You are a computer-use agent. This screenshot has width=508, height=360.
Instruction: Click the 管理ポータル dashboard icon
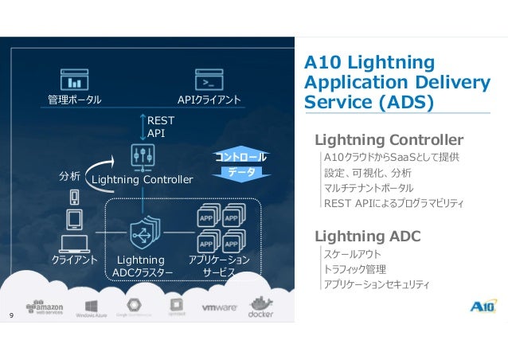[75, 80]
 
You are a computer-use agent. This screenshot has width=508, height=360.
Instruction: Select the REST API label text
[156, 126]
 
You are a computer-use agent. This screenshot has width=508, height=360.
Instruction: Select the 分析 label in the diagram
[70, 175]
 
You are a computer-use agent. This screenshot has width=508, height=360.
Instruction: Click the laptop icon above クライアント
[75, 239]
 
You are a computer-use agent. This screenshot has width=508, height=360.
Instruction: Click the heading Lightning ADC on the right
[367, 236]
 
